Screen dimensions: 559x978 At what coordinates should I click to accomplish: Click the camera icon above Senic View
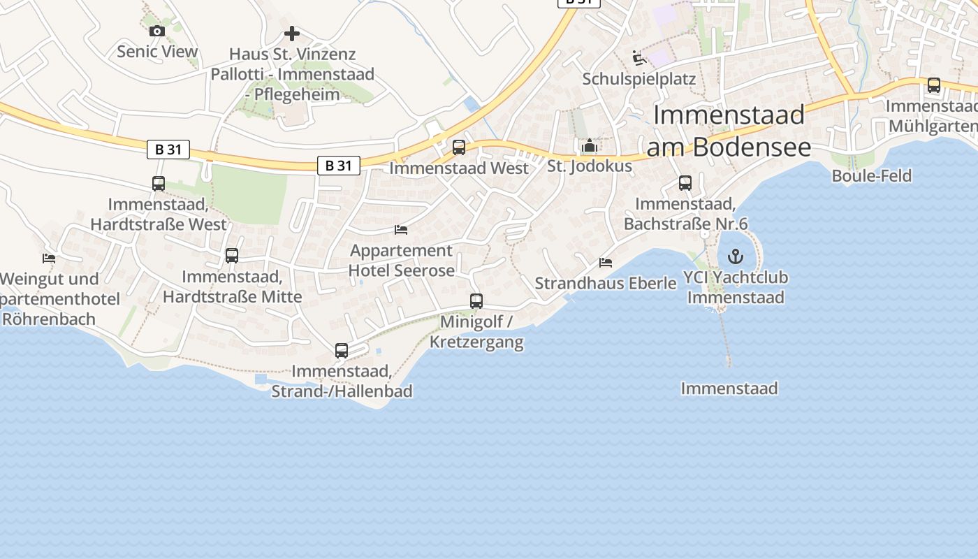pos(156,31)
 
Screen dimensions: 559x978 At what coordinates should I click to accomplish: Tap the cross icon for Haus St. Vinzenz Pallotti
pos(292,34)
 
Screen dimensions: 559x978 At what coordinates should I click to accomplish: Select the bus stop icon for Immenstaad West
pos(459,147)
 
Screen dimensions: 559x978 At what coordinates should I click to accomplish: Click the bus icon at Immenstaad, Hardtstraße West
pos(159,184)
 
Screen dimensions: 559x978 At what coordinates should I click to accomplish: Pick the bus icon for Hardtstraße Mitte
pos(232,256)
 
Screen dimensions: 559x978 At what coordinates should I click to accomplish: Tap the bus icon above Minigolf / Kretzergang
pos(476,301)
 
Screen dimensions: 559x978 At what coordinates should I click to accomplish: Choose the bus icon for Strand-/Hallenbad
pos(342,351)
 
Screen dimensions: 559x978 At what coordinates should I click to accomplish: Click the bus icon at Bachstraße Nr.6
pos(685,183)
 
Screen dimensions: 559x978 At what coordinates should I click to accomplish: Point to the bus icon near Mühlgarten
pos(934,85)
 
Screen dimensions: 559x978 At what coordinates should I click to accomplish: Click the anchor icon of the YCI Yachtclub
pos(736,256)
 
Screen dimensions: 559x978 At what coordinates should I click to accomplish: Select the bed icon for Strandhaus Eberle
pos(606,263)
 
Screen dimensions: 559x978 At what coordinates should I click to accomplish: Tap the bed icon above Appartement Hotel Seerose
pos(401,229)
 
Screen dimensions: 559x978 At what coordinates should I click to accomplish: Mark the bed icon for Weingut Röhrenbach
pos(49,258)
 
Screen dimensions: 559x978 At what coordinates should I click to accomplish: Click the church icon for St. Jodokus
pos(590,146)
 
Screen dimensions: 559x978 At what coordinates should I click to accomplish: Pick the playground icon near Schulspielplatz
pos(638,57)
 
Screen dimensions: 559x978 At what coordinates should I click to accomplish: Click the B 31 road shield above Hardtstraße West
pos(168,149)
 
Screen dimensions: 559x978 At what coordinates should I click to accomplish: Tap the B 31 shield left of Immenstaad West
pos(339,166)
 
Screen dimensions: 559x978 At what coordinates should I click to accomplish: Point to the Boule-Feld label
pos(871,175)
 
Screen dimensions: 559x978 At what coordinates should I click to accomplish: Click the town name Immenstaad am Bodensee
pos(729,131)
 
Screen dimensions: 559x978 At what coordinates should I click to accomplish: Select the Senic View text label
pos(157,51)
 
